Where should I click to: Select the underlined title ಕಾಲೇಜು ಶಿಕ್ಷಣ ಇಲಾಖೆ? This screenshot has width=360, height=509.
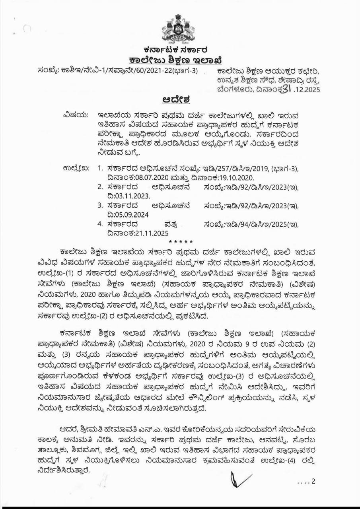coord(176,60)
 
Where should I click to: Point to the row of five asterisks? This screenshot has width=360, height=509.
coord(181,242)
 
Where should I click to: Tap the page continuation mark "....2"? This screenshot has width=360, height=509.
coord(306,482)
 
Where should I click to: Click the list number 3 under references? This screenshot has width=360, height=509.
coord(100,205)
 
